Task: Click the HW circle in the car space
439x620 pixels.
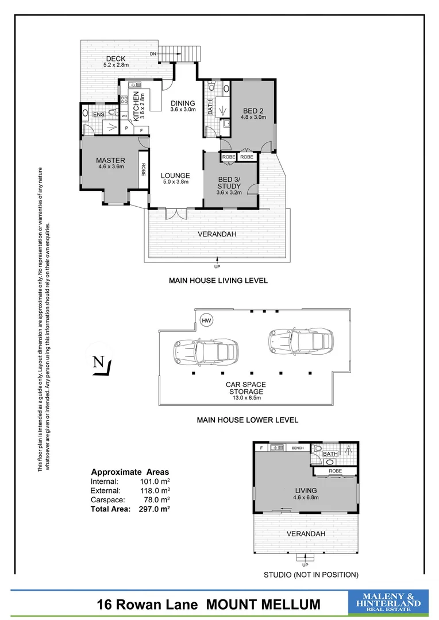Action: [x=205, y=320]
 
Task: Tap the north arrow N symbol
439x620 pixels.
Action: [x=98, y=363]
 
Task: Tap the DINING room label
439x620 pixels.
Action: [x=183, y=103]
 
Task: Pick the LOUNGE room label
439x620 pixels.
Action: [x=175, y=176]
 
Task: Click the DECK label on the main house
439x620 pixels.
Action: [x=115, y=59]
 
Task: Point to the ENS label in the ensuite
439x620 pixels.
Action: [x=98, y=114]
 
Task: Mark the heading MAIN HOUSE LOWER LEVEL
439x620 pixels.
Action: [x=247, y=420]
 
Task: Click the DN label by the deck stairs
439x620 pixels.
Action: [x=153, y=54]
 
